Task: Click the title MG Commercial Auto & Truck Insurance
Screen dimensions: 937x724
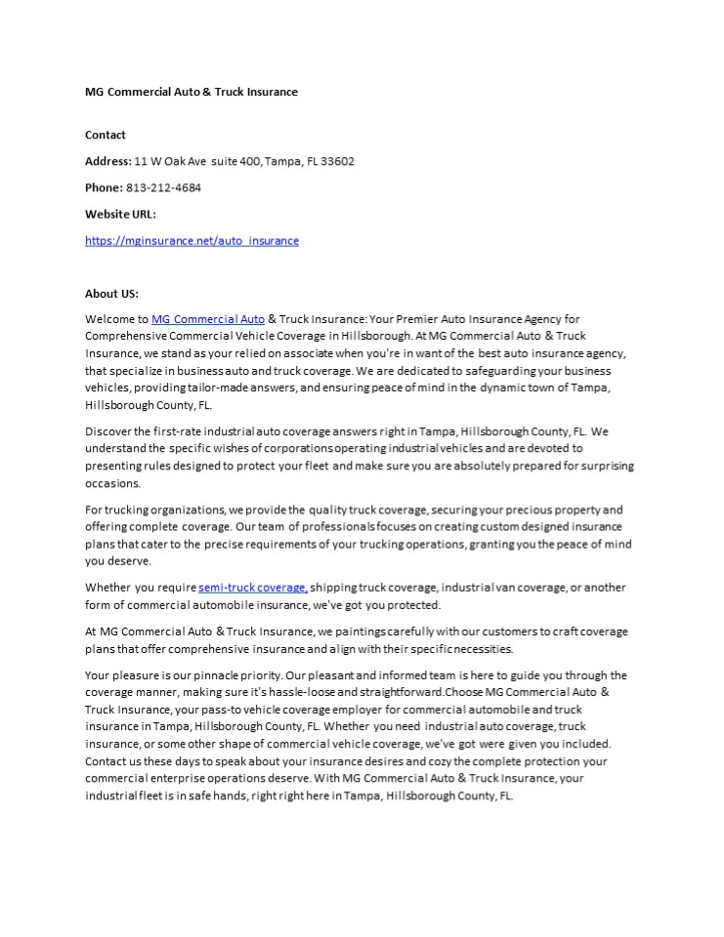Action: [x=191, y=92]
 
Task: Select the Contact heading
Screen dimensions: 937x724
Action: [x=106, y=135]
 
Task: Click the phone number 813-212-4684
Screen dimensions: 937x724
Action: [x=163, y=187]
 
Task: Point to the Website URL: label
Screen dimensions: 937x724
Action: [x=120, y=214]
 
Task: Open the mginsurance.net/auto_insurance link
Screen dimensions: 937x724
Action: [x=192, y=240]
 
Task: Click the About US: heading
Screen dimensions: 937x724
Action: [x=111, y=293]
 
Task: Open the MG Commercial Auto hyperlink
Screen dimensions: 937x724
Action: [x=208, y=319]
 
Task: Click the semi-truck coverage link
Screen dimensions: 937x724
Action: [x=253, y=588]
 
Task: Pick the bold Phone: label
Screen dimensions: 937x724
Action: [x=104, y=187]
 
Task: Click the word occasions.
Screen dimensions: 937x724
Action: [x=112, y=483]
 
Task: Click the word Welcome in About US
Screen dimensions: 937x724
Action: [x=109, y=319]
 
